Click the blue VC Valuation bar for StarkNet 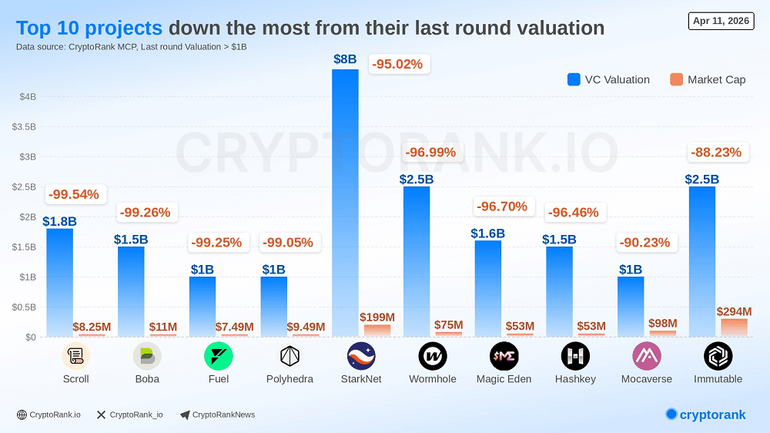(x=345, y=202)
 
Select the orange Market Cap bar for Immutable (x=733, y=327)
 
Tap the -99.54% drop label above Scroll (x=74, y=194)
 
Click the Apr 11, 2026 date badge (x=721, y=21)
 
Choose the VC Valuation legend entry (x=608, y=79)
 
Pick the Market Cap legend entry (x=708, y=79)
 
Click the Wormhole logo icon (x=433, y=356)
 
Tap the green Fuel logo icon (x=218, y=356)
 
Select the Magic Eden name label (x=504, y=379)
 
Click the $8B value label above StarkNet (x=345, y=59)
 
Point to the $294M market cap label (x=734, y=311)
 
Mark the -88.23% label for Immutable (x=716, y=153)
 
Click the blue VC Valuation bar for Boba (x=131, y=291)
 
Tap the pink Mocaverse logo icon (x=647, y=356)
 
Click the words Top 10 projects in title (x=89, y=29)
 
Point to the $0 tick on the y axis (x=30, y=337)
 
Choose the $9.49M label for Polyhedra (x=306, y=327)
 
